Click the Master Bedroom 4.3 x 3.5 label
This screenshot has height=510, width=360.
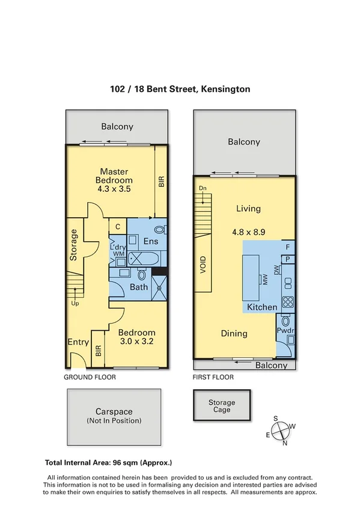115,180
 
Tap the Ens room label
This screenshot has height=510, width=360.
150,241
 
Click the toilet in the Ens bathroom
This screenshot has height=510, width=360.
160,229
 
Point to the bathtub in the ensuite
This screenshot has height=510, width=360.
143,260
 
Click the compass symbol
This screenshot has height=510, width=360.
281,430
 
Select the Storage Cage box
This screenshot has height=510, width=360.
222,407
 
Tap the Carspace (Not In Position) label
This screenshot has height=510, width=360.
114,416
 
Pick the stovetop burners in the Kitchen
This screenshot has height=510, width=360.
288,303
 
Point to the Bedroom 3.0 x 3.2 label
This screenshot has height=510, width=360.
136,337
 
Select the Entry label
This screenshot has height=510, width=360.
78,342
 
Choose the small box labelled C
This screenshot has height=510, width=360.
118,226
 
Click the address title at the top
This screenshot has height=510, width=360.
180,89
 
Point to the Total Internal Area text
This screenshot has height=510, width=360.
109,463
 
